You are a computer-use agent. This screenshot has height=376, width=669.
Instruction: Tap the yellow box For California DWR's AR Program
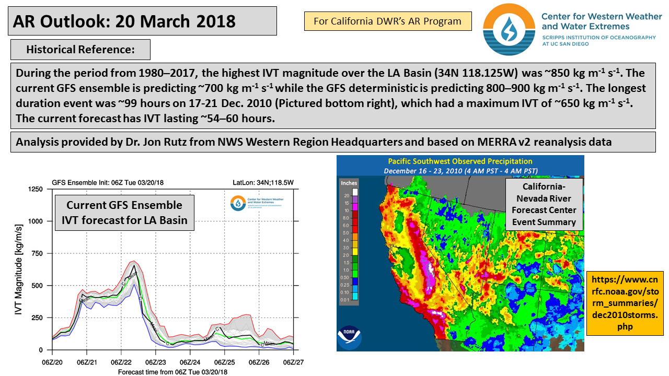coord(387,21)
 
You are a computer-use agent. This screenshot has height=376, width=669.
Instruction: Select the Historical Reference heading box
coord(80,50)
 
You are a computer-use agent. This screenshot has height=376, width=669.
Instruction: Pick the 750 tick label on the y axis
coord(36,253)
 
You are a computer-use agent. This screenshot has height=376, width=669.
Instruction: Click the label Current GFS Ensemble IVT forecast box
coord(124,213)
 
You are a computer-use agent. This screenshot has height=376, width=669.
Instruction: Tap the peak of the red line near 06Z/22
coord(133,261)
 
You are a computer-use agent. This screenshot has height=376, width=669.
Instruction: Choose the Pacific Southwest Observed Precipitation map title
coord(460,161)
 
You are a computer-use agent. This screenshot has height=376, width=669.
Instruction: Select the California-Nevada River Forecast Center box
coord(544,204)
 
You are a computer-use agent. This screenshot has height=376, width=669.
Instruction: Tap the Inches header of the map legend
coord(349,183)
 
